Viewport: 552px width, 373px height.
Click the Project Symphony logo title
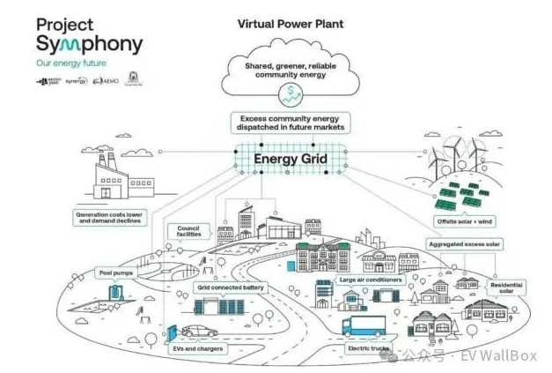88,35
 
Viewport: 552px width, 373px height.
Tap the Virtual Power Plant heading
290,24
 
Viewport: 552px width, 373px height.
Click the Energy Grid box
290,160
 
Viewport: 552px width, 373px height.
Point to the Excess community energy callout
290,123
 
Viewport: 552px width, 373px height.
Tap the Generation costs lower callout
111,217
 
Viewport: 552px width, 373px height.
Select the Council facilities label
189,232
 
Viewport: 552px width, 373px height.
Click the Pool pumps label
115,273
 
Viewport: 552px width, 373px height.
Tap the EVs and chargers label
198,348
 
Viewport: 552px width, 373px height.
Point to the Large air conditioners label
371,280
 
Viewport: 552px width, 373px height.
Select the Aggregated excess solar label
463,242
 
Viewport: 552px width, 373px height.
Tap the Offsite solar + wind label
466,220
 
